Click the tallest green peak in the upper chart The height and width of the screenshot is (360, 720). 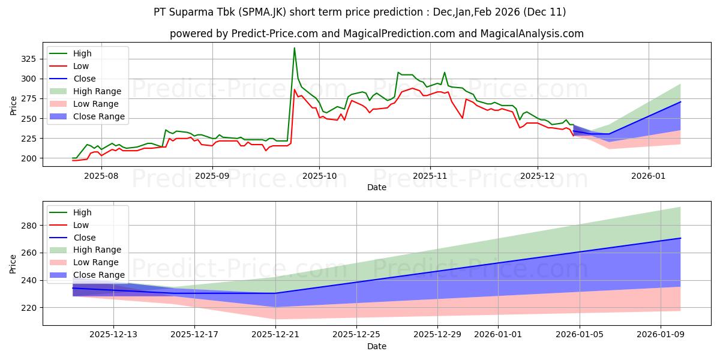[294, 48]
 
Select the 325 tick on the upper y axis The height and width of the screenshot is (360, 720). [28, 59]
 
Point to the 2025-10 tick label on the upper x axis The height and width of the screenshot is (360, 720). [319, 176]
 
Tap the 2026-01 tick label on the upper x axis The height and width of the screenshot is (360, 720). [649, 176]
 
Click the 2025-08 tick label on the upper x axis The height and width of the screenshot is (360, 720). [101, 176]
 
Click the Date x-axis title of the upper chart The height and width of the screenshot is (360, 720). [377, 188]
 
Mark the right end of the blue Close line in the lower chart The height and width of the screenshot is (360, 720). [680, 238]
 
